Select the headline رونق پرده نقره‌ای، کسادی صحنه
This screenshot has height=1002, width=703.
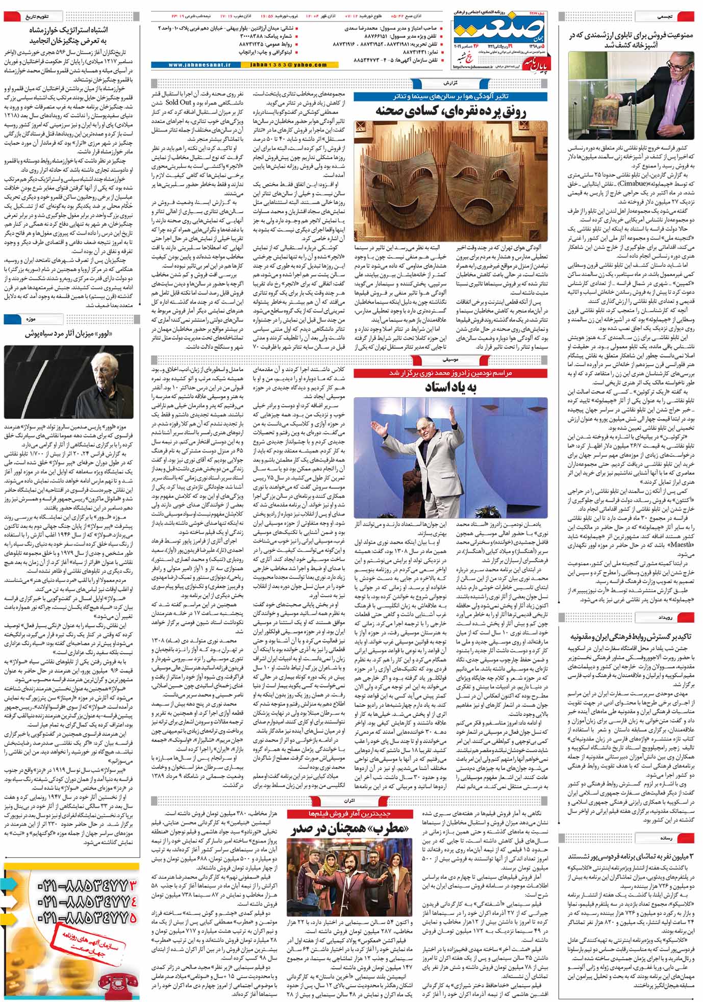(x=450, y=111)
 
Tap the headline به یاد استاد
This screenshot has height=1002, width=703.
(x=450, y=387)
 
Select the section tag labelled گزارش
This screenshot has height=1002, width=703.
(x=450, y=82)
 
